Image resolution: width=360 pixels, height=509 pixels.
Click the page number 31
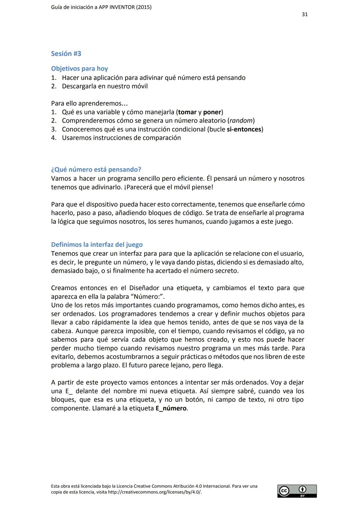click(x=304, y=14)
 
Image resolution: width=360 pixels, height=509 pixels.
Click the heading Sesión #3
click(x=66, y=54)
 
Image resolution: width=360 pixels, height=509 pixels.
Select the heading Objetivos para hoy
click(x=79, y=69)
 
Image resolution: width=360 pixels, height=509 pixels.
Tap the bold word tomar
click(x=187, y=112)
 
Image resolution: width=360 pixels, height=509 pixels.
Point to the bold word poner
click(x=212, y=112)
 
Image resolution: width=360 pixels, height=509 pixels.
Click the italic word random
click(x=241, y=121)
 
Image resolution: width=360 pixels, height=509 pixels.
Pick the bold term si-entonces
click(x=244, y=129)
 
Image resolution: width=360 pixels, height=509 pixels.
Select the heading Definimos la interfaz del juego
click(x=97, y=245)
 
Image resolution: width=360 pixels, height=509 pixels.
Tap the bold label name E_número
click(x=171, y=408)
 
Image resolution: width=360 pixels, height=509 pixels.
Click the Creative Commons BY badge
click(x=297, y=491)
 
